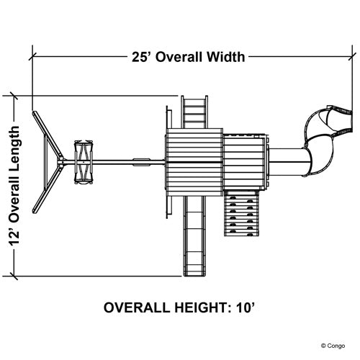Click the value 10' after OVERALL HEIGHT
245,307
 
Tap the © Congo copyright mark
333,346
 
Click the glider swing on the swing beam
84,162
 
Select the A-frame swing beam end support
48,162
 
